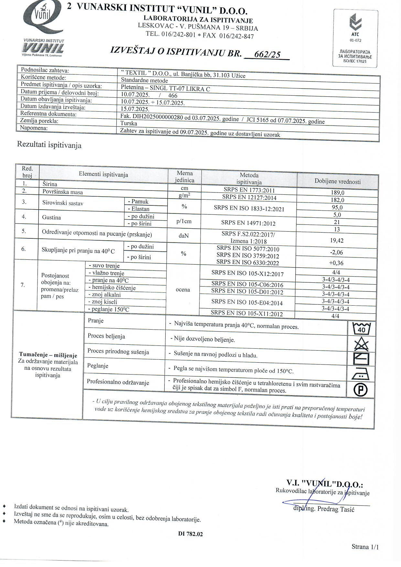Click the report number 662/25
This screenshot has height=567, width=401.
pos(267,54)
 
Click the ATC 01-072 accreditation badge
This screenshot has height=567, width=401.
pos(355,38)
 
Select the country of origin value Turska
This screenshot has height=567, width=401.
pos(129,123)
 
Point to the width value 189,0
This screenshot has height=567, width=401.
pos(337,193)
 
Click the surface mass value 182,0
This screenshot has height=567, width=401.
pos(337,200)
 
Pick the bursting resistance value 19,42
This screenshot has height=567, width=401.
pos(337,240)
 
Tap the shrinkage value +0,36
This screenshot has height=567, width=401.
pos(336,263)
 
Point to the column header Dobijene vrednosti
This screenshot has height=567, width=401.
pos(338,181)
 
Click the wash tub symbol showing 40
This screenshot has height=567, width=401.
pos(361,329)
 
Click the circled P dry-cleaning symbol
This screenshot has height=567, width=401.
pos(361,390)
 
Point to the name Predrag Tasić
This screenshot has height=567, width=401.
pos(336,509)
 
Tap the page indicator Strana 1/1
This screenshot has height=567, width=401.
pos(365,547)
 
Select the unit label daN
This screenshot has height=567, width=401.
pos(183,235)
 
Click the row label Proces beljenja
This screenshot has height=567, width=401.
pos(106,336)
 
